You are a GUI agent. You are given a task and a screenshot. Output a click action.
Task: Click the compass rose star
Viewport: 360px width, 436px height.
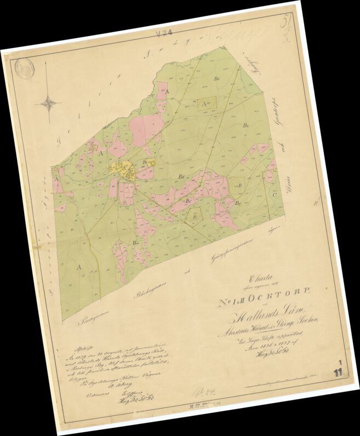point(49,102)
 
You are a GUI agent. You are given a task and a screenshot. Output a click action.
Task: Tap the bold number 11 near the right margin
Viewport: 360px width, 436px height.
point(340,374)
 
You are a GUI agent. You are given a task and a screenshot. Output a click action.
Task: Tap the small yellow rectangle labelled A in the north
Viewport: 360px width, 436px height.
point(208,102)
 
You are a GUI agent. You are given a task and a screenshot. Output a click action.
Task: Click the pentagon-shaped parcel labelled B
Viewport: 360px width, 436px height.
point(195,216)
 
